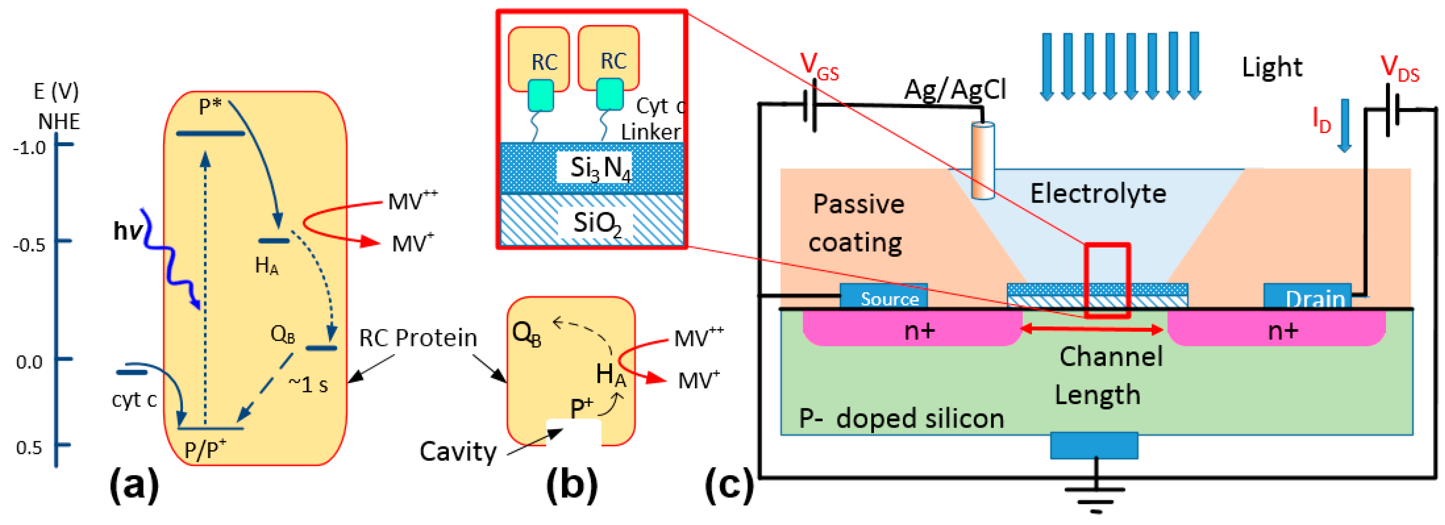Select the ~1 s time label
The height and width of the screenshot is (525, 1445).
point(308,385)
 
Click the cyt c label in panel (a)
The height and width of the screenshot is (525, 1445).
point(133,400)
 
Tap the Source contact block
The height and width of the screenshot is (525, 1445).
point(883,297)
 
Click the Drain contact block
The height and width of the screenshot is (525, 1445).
point(1307,297)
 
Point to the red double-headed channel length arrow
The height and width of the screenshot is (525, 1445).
point(1094,329)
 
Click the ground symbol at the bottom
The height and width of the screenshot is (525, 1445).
point(1095,497)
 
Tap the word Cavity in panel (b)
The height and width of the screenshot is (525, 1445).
point(458,452)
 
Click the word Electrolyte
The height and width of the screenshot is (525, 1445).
point(1098,194)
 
